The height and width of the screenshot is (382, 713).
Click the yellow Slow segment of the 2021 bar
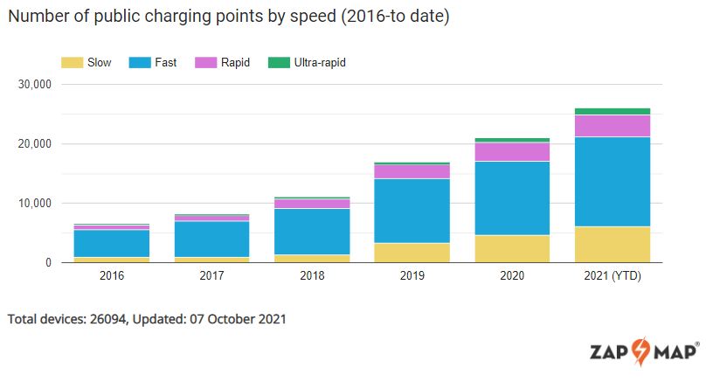612,244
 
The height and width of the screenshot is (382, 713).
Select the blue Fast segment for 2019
412,211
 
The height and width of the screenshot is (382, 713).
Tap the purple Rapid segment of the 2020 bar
512,151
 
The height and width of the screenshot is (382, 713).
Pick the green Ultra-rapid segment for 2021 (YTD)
612,111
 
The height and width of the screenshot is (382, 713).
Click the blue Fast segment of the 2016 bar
112,243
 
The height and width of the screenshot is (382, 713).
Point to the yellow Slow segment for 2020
512,248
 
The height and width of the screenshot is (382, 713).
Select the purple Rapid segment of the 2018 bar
312,204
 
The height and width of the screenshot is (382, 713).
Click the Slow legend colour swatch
72,63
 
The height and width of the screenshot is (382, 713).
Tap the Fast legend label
165,63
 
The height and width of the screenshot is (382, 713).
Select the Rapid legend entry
235,63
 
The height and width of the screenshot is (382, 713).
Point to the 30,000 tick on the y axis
35,85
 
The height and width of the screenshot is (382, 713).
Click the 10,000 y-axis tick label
35,204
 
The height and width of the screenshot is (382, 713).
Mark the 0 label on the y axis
48,263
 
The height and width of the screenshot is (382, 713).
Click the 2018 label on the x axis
312,276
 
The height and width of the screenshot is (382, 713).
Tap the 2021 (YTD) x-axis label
612,276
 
